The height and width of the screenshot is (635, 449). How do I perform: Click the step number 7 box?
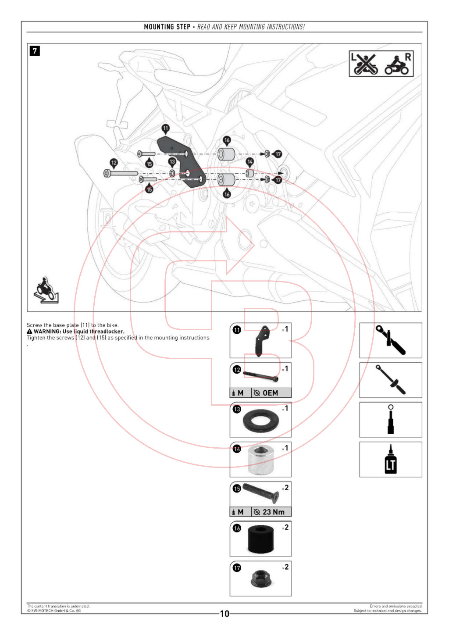point(35,51)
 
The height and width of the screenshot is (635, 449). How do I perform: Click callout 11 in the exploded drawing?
point(165,128)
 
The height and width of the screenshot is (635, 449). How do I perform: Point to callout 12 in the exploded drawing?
point(114,163)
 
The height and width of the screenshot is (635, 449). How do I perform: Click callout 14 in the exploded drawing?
point(249,162)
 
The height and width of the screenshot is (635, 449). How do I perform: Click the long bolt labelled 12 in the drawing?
point(121,173)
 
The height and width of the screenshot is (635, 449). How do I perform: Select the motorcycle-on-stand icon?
point(46,290)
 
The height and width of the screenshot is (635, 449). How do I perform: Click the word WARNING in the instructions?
point(47,332)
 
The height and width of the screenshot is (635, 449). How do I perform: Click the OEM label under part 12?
point(270,393)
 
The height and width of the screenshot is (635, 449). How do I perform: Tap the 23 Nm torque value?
point(273,512)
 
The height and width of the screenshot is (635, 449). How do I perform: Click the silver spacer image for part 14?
point(261,460)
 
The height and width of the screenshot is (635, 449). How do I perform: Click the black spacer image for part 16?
point(261,539)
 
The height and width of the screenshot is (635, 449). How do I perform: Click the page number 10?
point(224,614)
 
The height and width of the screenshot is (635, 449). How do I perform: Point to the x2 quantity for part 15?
point(285,488)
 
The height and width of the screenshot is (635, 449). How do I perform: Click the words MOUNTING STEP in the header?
point(167,27)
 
